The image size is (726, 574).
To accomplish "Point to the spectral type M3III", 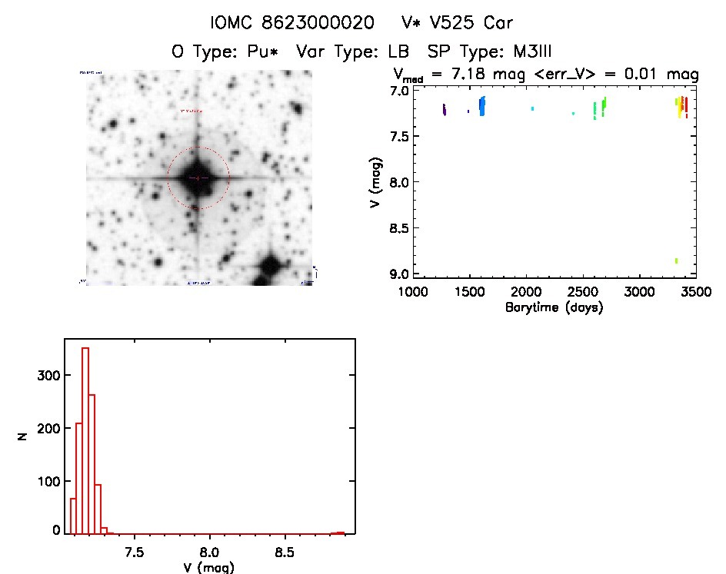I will pos(523,51).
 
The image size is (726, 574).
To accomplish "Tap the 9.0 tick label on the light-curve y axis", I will pos(399,274).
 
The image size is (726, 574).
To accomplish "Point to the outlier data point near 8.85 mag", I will pos(676,261).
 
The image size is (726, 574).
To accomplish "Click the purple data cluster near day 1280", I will pos(445,110).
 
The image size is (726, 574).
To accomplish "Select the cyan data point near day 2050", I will pos(532,109).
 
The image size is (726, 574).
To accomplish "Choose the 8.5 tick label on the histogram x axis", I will pos(285,552).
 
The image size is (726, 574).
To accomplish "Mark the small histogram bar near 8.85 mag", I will pos(338,532).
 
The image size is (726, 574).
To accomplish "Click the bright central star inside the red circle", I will pos(198,178).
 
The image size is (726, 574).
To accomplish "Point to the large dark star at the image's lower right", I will pos(270,267).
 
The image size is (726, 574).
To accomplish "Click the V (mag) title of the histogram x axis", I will pos(209,568).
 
